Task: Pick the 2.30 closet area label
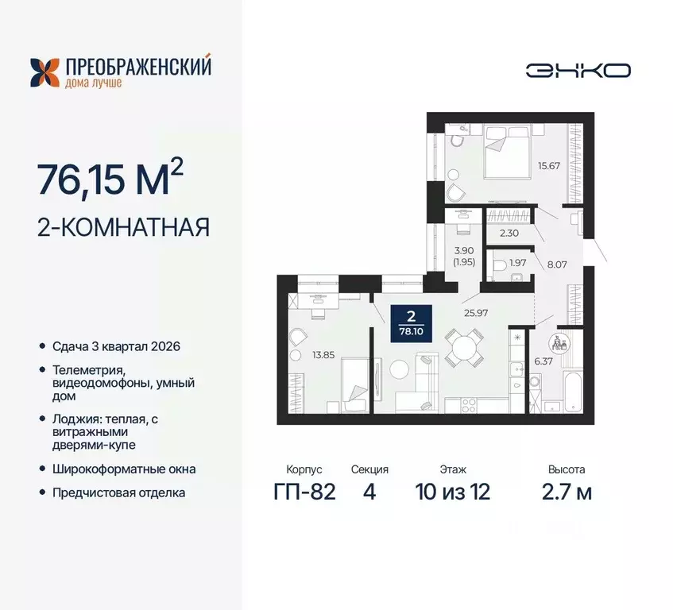click(509, 234)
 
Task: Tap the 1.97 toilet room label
click(518, 263)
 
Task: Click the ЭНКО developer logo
click(578, 70)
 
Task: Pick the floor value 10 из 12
click(452, 492)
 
